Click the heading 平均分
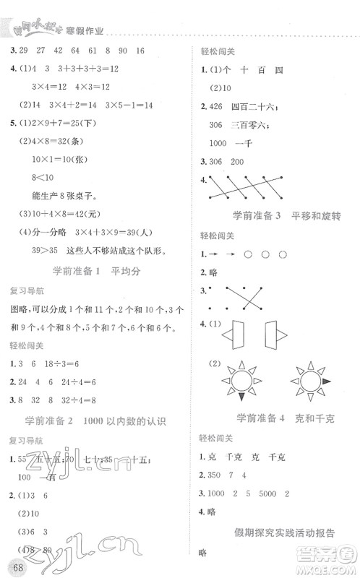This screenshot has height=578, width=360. (x=130, y=272)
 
